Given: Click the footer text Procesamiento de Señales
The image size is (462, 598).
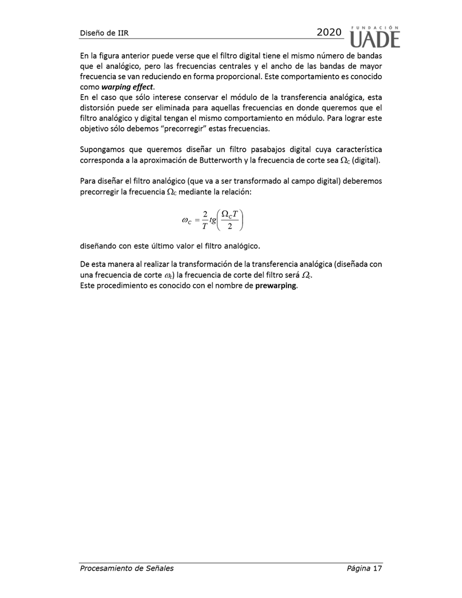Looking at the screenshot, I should tap(126, 568).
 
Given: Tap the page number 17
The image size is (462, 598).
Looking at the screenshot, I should tap(378, 568).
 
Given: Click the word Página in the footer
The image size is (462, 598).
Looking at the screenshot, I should tap(359, 568).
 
